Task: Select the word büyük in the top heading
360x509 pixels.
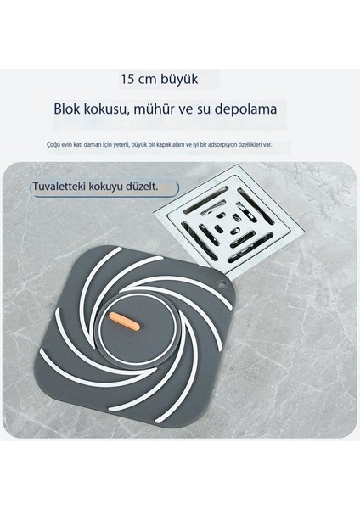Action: [180, 79]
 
